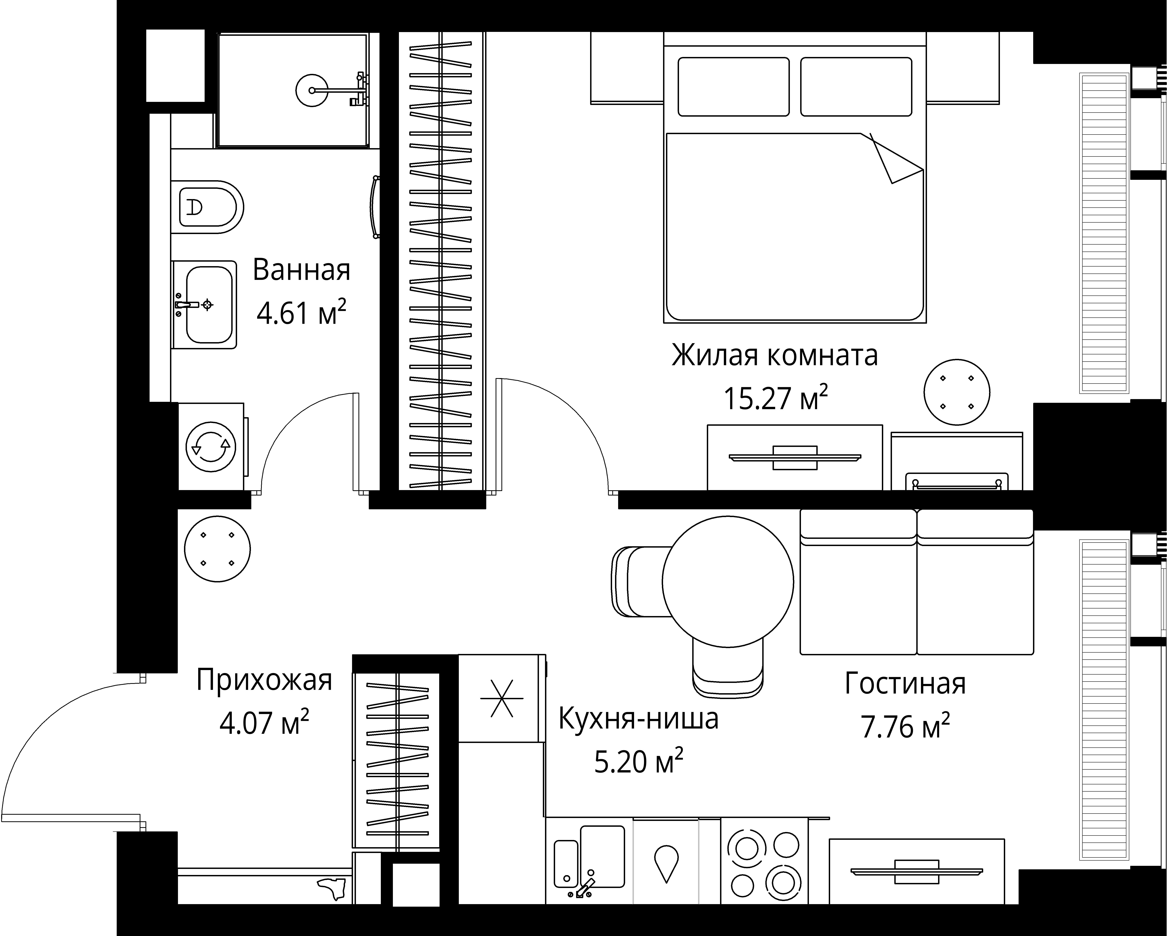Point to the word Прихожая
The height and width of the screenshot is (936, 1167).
tap(264, 680)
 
